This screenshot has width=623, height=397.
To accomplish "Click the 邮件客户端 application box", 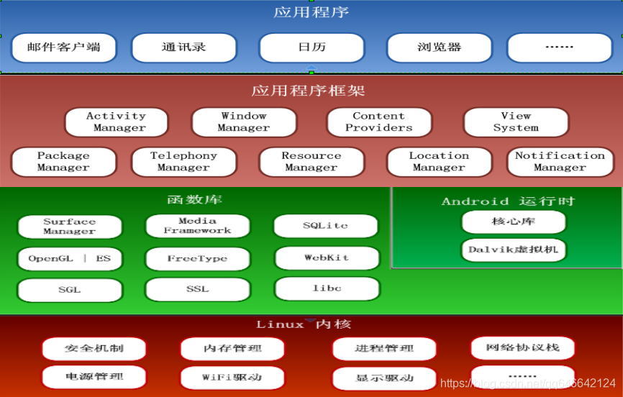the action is coord(64,48).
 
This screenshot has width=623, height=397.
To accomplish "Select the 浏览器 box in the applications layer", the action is coord(439,48).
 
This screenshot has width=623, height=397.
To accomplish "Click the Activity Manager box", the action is coord(116,122).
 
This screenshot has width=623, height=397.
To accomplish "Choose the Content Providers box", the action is coord(378,122).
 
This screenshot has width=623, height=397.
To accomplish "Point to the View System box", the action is coord(515,122).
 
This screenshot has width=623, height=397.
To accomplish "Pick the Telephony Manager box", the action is coord(183,161).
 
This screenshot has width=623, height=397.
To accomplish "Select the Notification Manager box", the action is coord(559,161).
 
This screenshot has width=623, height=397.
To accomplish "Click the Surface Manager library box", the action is coord(69,227).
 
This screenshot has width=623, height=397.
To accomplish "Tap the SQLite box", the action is coord(325,226).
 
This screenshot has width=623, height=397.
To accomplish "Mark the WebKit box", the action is coord(326,257).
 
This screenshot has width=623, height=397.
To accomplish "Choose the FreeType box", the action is coord(197,259).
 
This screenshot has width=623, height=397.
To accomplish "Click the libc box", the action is coord(326,288).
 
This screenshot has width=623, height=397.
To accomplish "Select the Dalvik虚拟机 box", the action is coord(514,250).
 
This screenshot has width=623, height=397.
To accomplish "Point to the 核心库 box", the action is coord(514,222).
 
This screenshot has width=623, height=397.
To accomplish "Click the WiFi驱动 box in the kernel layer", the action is coord(232,377).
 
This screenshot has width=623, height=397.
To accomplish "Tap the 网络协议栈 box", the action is coord(522,348).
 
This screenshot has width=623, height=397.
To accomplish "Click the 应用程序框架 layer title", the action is coord(308,91).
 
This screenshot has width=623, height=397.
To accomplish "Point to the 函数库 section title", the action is coord(194,199).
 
